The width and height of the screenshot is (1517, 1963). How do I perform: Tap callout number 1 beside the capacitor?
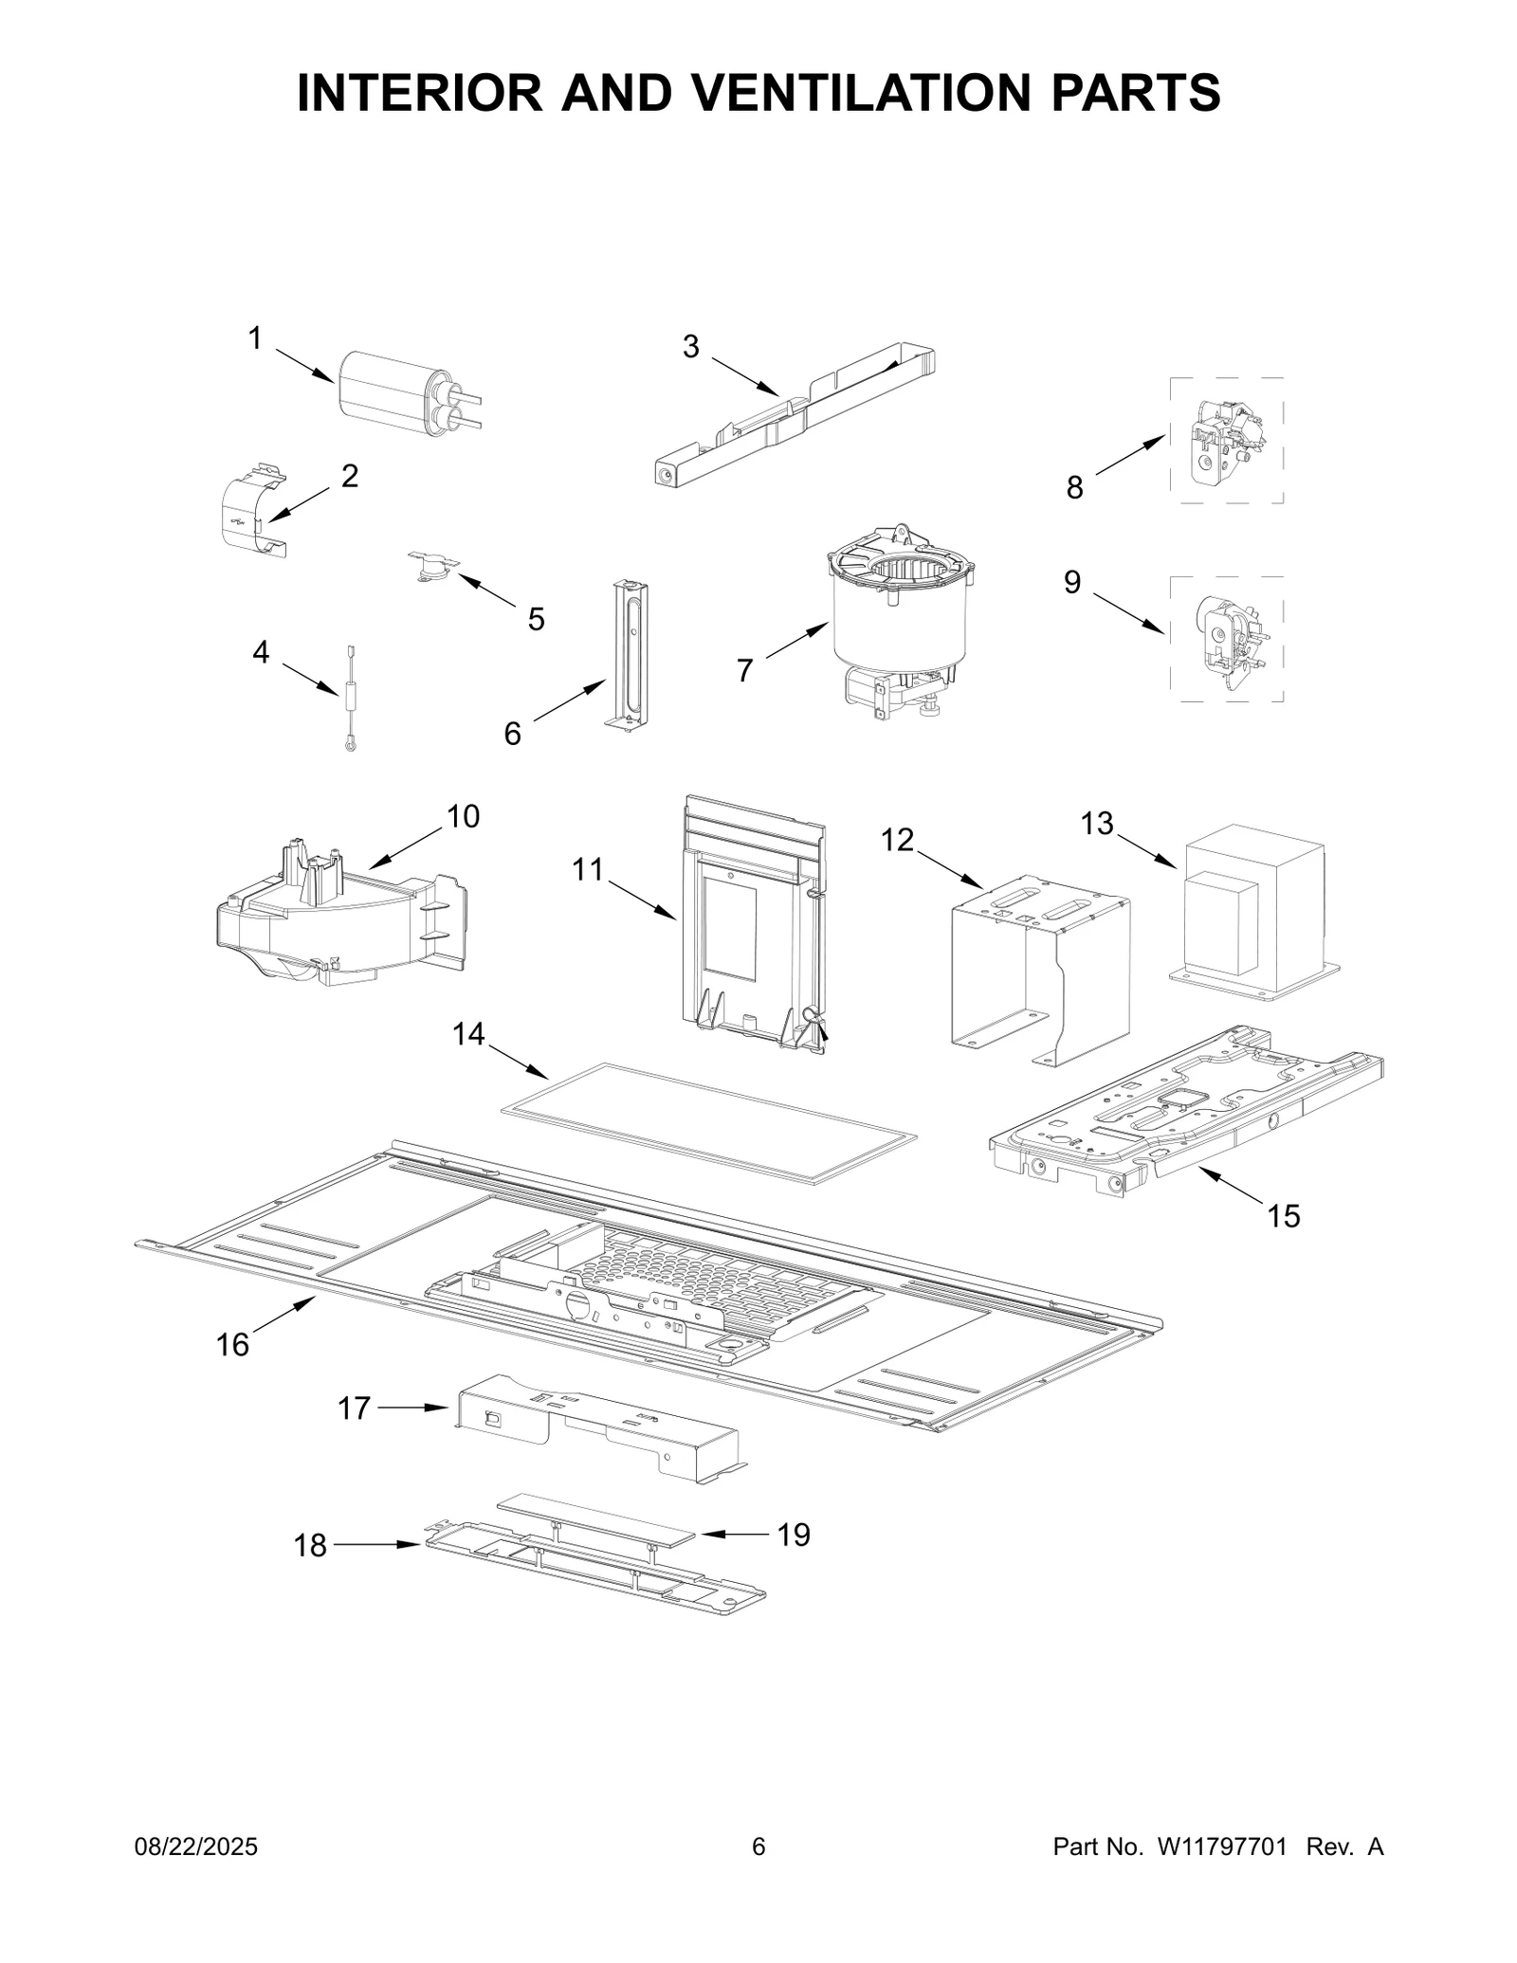pos(254,338)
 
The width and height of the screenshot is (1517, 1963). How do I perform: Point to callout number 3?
pos(691,348)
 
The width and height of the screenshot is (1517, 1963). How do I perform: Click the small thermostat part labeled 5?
pos(433,566)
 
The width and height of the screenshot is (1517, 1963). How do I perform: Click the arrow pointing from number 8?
pos(1130,455)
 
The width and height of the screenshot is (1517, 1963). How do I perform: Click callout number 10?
pos(463,816)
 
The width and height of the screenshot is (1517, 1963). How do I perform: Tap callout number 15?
pos(1284,1216)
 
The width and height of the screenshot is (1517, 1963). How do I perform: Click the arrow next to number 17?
pos(412,1434)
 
